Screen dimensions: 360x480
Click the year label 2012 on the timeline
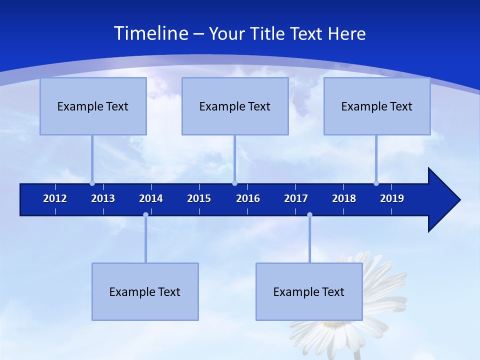tap(55, 198)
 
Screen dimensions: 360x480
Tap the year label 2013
tap(103, 198)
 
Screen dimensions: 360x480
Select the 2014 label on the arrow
tap(151, 198)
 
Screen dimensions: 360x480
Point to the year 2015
tap(199, 198)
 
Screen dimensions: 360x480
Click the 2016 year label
tap(248, 198)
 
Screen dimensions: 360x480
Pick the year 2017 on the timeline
tap(296, 198)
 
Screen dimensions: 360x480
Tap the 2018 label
tap(344, 198)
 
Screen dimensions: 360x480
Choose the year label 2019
tap(392, 198)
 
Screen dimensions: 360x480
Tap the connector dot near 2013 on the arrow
tap(92, 183)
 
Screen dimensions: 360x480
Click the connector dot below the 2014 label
tap(145, 215)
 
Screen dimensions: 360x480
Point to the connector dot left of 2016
tap(234, 183)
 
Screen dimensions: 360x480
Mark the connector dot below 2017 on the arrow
tap(309, 215)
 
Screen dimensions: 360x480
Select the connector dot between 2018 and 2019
tap(376, 183)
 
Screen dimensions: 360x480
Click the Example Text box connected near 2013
tap(93, 106)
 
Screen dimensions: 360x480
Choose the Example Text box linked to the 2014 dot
tap(145, 291)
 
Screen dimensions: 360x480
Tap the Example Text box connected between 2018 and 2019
tap(377, 106)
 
